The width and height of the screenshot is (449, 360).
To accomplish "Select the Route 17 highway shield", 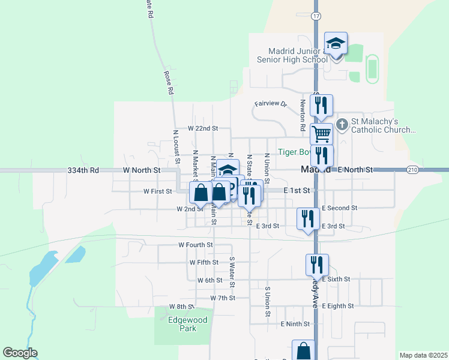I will (316, 16).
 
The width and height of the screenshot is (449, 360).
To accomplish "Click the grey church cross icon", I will (342, 125).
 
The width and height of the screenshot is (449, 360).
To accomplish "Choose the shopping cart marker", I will (322, 133).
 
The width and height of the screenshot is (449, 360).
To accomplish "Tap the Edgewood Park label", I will (187, 324).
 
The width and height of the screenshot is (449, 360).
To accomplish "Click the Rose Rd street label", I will (169, 83).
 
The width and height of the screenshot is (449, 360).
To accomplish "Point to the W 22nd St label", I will (202, 128).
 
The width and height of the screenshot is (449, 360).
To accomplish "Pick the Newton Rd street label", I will (302, 115).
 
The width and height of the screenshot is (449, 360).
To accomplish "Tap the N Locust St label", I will (176, 147).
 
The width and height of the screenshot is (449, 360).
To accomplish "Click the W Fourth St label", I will (196, 245).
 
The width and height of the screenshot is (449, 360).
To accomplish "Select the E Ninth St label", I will (295, 324).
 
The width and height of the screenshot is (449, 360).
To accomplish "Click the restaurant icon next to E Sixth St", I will (316, 265).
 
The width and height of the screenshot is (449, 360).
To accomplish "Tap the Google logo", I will (20, 353).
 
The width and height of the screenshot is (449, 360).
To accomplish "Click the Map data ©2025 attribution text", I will (423, 355).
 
